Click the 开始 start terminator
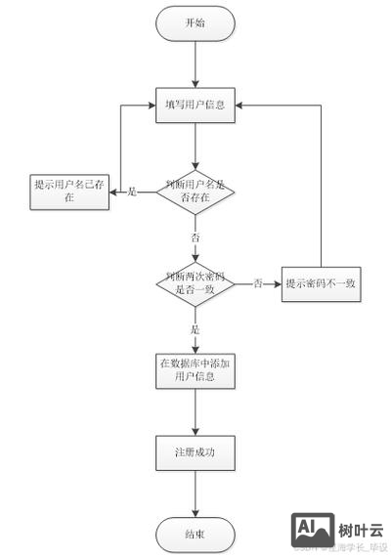pos(195,23)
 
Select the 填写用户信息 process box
pos(195,104)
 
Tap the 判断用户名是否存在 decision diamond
pos(195,192)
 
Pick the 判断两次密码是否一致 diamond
pos(196,283)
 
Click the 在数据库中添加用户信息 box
pos(195,369)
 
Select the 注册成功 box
pos(195,452)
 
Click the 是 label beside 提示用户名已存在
pos(133,192)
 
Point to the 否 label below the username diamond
pos(195,237)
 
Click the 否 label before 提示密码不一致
pos(258,283)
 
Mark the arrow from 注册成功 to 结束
pos(195,494)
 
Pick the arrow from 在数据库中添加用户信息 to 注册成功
pos(195,410)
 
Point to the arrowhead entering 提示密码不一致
pos(278,283)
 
